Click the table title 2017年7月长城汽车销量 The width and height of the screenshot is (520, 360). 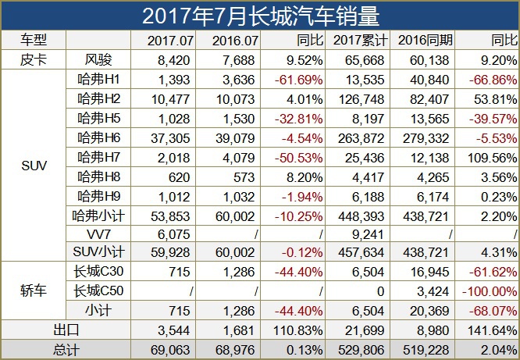pos(260,16)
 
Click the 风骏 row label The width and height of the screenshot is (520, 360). pos(98,59)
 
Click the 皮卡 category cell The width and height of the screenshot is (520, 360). pos(34,59)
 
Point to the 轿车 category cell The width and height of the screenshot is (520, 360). pos(34,290)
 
